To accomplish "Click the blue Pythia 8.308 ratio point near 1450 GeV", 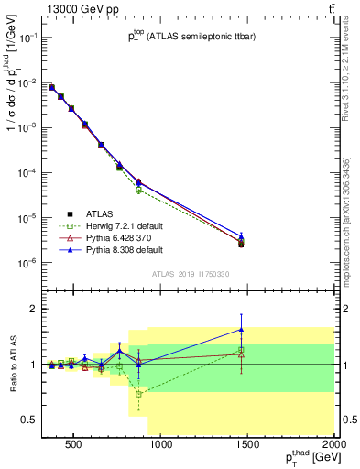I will [241, 329].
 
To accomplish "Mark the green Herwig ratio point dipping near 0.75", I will [138, 394].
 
